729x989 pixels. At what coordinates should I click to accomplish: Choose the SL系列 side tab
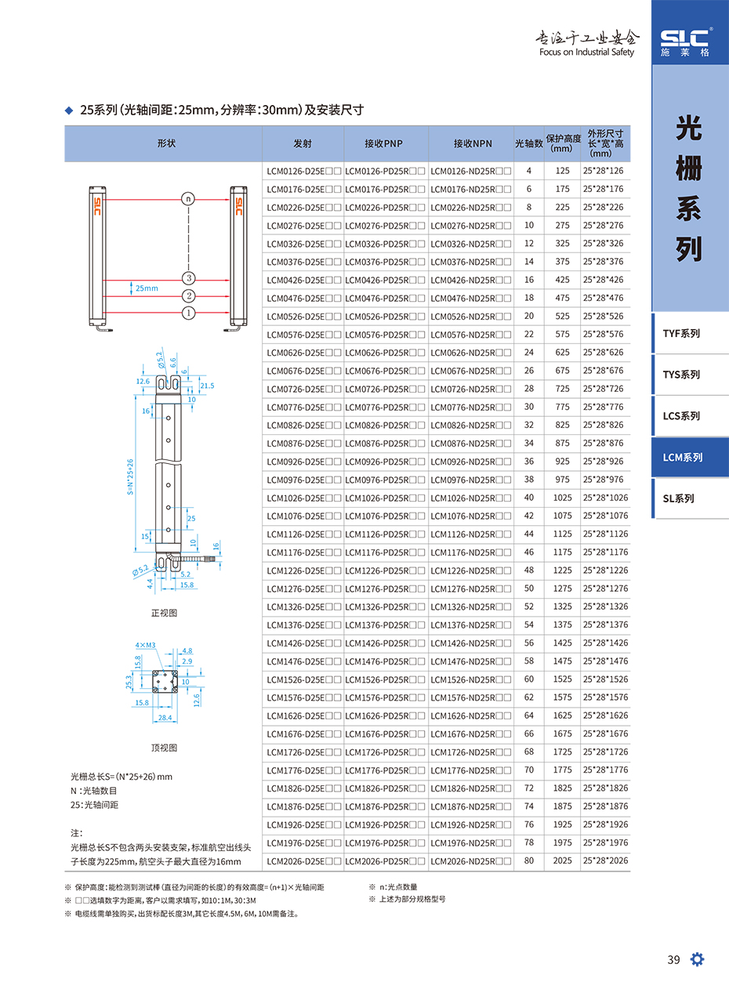(x=679, y=498)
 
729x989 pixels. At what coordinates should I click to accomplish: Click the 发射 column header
(x=303, y=143)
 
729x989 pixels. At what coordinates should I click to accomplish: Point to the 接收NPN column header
(x=472, y=143)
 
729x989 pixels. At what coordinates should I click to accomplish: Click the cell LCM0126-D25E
(x=303, y=171)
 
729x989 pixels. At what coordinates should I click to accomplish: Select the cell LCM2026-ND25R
(x=470, y=861)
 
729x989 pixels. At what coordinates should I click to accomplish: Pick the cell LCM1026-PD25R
(x=386, y=498)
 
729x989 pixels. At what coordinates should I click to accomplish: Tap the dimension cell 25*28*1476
(x=604, y=661)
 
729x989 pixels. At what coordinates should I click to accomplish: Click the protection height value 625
(x=562, y=353)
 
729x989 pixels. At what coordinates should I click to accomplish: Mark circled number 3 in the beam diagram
(x=188, y=277)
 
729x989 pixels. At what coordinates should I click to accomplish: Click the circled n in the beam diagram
(x=188, y=198)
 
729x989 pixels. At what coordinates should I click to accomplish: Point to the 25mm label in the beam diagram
(x=147, y=288)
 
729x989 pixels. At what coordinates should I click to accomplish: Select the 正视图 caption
(x=164, y=613)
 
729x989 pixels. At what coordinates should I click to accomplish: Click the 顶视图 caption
(x=164, y=748)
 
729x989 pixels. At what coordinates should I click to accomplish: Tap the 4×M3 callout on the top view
(x=145, y=645)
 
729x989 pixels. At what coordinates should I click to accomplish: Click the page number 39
(x=673, y=961)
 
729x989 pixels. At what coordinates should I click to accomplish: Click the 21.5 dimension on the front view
(x=207, y=386)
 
